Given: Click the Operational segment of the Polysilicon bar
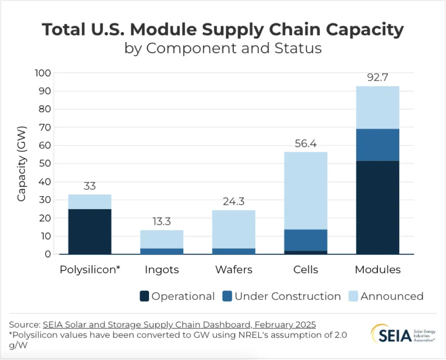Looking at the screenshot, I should pyautogui.click(x=89, y=231).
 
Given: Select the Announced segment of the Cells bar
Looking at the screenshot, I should pyautogui.click(x=305, y=190).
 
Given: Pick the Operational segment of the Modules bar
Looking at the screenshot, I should pyautogui.click(x=377, y=207).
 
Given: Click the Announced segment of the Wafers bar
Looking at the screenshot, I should pyautogui.click(x=233, y=229).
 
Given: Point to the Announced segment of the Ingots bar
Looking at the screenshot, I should pyautogui.click(x=161, y=239).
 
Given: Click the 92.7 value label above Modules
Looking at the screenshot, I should pyautogui.click(x=377, y=77).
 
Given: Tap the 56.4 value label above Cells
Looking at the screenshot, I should pyautogui.click(x=305, y=143).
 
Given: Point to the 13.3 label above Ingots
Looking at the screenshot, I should pyautogui.click(x=161, y=221).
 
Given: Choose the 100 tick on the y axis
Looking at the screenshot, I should pyautogui.click(x=43, y=73).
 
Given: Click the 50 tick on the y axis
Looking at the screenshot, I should pyautogui.click(x=44, y=163).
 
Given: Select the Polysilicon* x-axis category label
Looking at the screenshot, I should pyautogui.click(x=90, y=269).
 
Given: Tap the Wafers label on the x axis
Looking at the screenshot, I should pyautogui.click(x=233, y=269).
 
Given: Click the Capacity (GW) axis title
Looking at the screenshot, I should pyautogui.click(x=21, y=163).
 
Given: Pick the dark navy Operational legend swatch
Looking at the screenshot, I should pyautogui.click(x=144, y=296).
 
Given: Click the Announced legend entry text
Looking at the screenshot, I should pyautogui.click(x=391, y=296).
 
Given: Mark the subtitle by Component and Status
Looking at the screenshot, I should pyautogui.click(x=222, y=48).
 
